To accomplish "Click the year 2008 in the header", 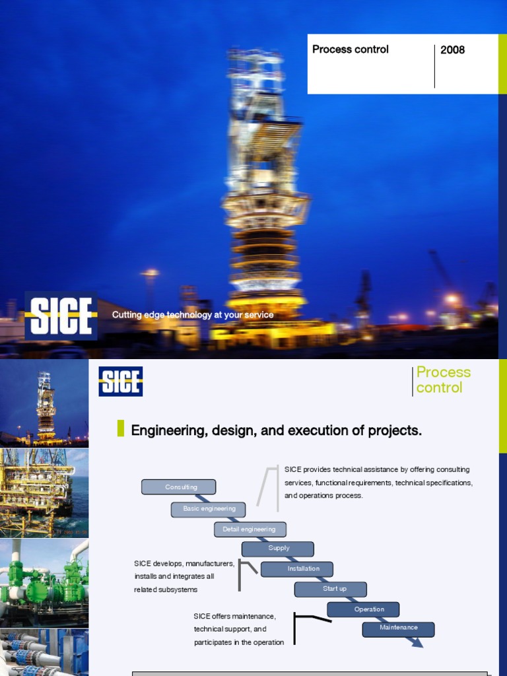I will (452, 50).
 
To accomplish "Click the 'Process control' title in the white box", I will (350, 50).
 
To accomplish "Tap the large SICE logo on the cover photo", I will (61, 316).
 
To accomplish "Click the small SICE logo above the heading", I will (121, 382).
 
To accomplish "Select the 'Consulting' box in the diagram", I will (178, 487).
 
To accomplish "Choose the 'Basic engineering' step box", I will (208, 509).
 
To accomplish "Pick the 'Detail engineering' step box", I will (250, 529).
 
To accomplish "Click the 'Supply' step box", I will (278, 549).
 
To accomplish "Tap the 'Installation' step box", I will (297, 568).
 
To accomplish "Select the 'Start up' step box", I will (330, 589).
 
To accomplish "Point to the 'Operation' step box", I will (363, 609).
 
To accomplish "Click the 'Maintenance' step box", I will (398, 628).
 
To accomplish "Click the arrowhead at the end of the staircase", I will (417, 642).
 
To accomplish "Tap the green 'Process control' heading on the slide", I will (443, 380).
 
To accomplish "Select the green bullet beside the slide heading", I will (121, 428).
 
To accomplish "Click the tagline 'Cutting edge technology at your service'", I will (192, 315).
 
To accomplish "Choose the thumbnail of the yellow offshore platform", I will (44, 492).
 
